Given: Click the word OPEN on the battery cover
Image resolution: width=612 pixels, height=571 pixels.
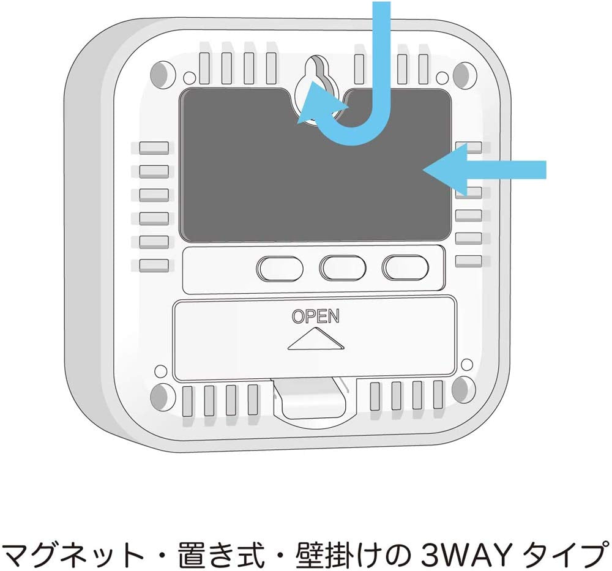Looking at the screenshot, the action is tap(316, 316).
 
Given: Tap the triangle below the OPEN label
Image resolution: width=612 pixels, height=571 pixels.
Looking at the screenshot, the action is tap(316, 338).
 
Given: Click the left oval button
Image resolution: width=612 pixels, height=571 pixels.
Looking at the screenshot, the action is tap(280, 268).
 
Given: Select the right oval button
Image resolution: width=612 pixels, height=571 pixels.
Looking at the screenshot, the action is tap(405, 267).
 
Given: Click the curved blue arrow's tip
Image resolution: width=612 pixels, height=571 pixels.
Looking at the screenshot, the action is tap(298, 122).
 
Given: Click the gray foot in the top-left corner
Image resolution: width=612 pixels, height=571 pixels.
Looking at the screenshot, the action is tap(161, 75).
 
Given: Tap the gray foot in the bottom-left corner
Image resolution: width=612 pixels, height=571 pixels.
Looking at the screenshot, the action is tap(160, 397).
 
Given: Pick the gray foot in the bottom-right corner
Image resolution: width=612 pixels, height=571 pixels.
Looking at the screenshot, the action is tap(464, 390).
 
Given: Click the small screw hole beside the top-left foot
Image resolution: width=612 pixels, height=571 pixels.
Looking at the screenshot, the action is tap(189, 77).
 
